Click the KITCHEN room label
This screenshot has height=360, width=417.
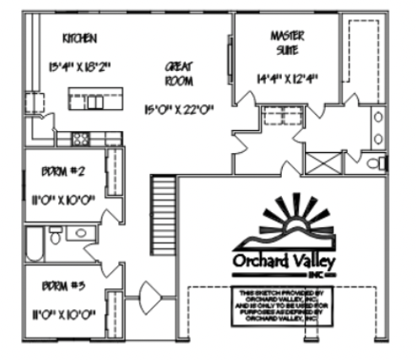pos(81,38)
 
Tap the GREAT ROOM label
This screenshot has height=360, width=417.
pos(179,76)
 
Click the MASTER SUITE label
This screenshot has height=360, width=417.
pos(287,43)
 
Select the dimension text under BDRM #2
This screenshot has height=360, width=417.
pos(61,202)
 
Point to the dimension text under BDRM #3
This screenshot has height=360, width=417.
pos(61,314)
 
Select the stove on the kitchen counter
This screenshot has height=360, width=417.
pos(80,138)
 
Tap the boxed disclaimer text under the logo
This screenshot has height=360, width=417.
pos(284,305)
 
